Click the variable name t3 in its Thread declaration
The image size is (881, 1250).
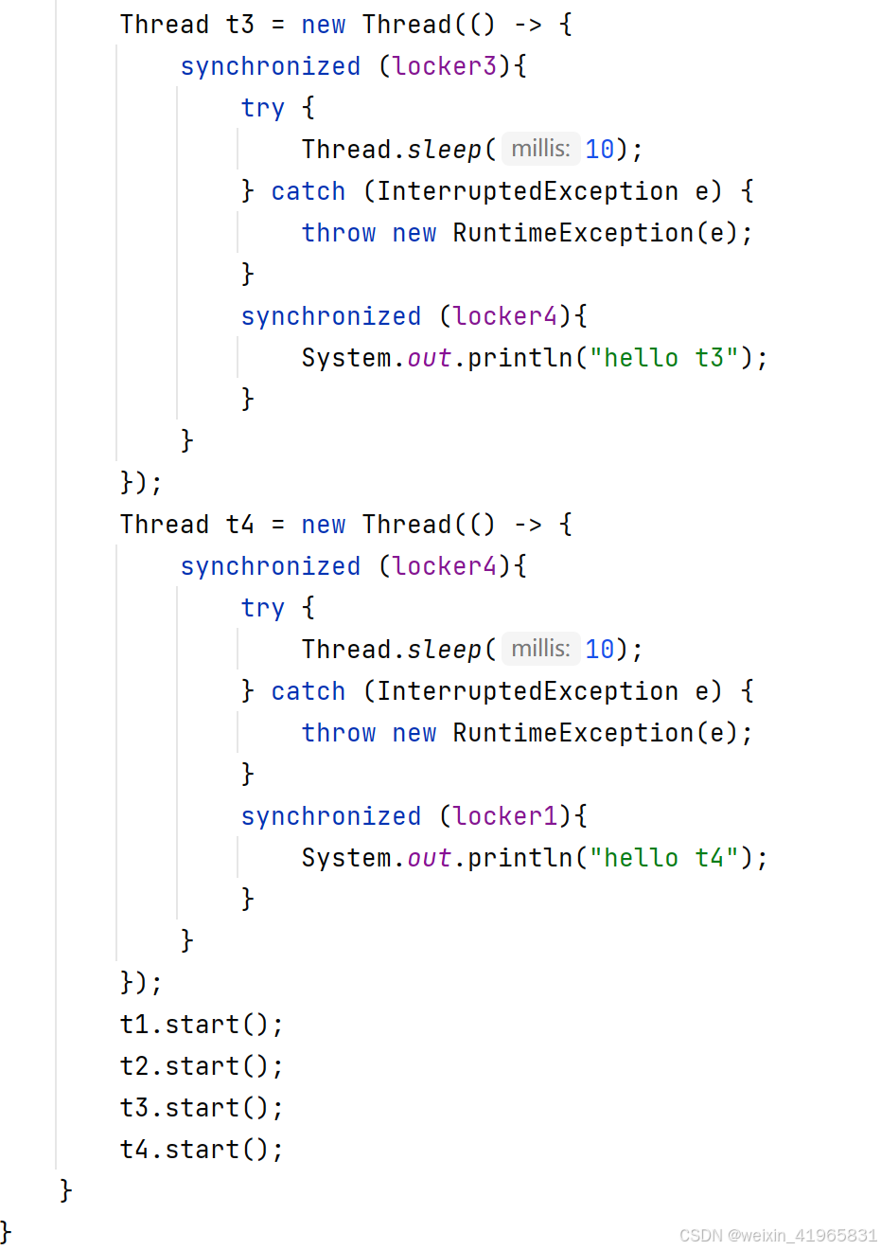pos(239,25)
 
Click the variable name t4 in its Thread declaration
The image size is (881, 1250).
pos(239,525)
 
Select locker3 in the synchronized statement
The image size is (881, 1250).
pos(445,66)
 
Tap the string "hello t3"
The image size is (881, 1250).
pos(663,358)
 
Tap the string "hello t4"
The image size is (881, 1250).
pos(663,858)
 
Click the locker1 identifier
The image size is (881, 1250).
pos(505,816)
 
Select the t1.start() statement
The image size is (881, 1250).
pos(202,1025)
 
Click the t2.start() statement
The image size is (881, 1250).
pos(202,1066)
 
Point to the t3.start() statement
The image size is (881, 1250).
pos(202,1108)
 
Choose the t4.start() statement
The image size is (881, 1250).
pos(202,1150)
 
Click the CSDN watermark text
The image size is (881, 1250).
pos(778,1235)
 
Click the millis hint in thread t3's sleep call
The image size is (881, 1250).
pos(540,149)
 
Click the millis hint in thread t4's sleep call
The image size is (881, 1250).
pos(540,649)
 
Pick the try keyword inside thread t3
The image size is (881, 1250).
pos(262,108)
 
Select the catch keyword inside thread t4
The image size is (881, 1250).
pos(308,691)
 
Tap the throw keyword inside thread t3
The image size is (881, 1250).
pos(339,233)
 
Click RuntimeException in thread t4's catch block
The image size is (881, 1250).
pos(573,733)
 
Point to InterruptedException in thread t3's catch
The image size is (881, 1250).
pos(527,191)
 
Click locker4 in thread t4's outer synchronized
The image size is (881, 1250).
pos(445,566)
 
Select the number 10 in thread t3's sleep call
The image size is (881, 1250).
pos(600,150)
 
